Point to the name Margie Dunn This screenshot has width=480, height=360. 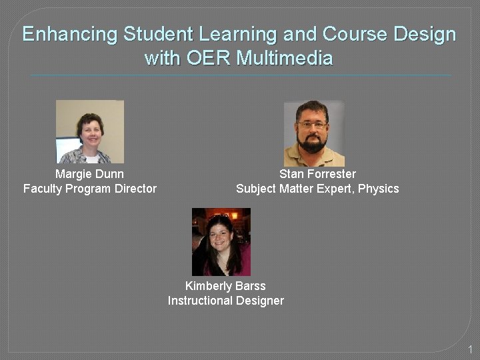tap(89, 174)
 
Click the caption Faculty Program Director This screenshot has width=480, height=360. tap(90, 189)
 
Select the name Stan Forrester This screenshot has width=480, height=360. tap(317, 174)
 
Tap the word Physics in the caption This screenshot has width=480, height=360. tap(378, 189)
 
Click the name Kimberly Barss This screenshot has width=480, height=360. tap(225, 286)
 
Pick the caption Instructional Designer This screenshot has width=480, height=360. tap(225, 301)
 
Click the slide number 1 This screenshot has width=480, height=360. tap(470, 349)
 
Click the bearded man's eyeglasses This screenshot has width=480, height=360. tap(313, 125)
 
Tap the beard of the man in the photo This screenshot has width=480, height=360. tap(313, 143)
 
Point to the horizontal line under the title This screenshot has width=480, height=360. tap(240, 75)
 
